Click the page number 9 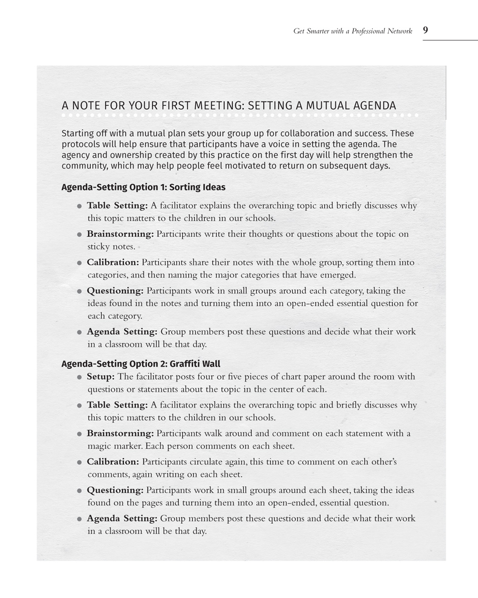coord(425,30)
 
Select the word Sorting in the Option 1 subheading coord(185,187)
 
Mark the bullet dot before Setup coord(79,377)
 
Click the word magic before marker coord(99,446)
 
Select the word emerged coord(339,275)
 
